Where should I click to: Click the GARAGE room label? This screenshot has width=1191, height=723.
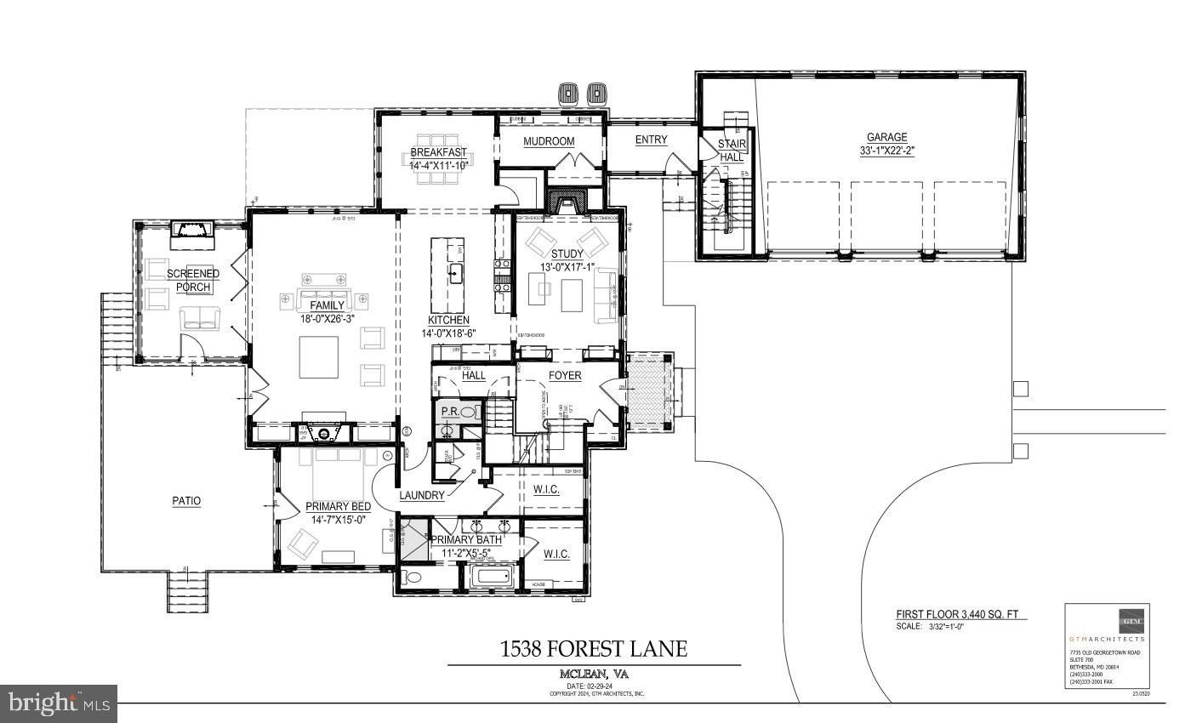pyautogui.click(x=886, y=137)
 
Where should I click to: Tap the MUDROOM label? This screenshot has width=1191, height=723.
pyautogui.click(x=549, y=141)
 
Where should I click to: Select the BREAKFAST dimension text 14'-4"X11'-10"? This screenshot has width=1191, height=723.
pyautogui.click(x=438, y=166)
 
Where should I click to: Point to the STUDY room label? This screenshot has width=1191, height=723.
pyautogui.click(x=567, y=253)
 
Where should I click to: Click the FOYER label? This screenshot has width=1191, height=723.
pyautogui.click(x=564, y=375)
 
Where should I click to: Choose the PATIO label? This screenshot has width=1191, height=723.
pyautogui.click(x=186, y=501)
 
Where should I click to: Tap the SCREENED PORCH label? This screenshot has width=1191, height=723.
pyautogui.click(x=192, y=280)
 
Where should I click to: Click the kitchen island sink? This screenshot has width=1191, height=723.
pyautogui.click(x=456, y=273)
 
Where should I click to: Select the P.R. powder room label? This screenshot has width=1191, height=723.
pyautogui.click(x=450, y=412)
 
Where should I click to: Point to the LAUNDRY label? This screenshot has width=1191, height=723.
pyautogui.click(x=422, y=495)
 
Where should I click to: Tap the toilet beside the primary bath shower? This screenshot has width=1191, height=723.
pyautogui.click(x=413, y=578)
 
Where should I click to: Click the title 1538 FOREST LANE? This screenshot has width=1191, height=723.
pyautogui.click(x=594, y=649)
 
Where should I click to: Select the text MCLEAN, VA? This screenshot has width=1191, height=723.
pyautogui.click(x=594, y=675)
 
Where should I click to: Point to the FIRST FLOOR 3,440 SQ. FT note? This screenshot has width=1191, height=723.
pyautogui.click(x=961, y=614)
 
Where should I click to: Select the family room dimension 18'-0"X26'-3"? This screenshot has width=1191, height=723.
pyautogui.click(x=327, y=319)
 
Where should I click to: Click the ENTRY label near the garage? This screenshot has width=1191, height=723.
pyautogui.click(x=651, y=139)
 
